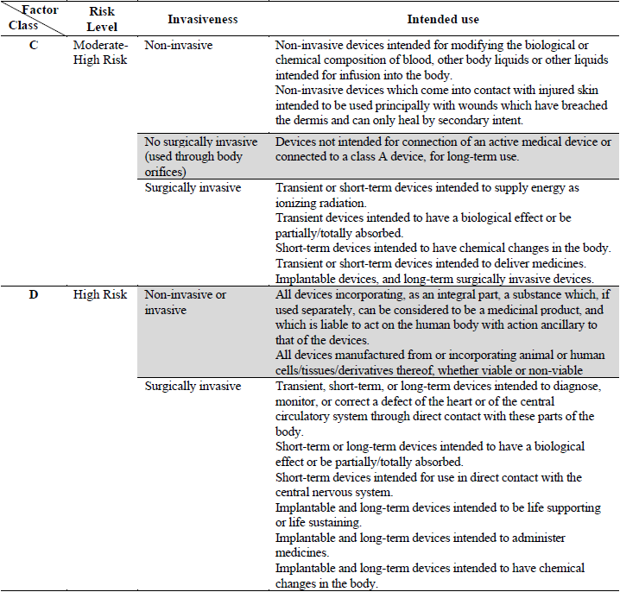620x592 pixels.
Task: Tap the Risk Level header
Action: coord(102,19)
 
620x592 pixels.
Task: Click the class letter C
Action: coord(34,45)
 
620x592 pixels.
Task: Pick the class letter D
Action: coord(34,295)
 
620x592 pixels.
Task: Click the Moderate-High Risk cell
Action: coord(101,52)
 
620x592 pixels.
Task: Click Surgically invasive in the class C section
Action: coord(193,188)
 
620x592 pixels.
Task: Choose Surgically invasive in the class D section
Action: coord(193,387)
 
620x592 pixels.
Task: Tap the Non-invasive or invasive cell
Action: coord(185,302)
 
